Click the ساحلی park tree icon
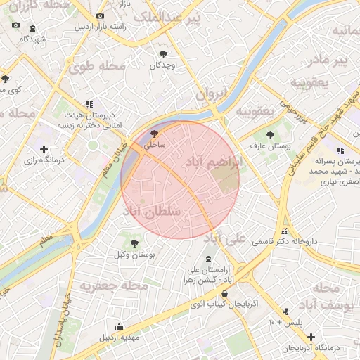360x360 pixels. (155, 132)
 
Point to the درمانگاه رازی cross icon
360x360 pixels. (44, 149)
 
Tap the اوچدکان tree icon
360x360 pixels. (164, 53)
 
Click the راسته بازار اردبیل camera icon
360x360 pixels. (100, 15)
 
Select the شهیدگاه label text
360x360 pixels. (33, 39)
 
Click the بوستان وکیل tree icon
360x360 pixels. (134, 243)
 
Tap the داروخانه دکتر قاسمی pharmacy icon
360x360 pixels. (284, 231)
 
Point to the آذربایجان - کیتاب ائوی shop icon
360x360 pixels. (224, 294)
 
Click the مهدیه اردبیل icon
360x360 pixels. (119, 326)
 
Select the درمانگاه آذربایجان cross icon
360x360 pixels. (311, 337)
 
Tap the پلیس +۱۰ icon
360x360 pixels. (285, 311)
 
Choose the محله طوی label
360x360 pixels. (97, 67)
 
